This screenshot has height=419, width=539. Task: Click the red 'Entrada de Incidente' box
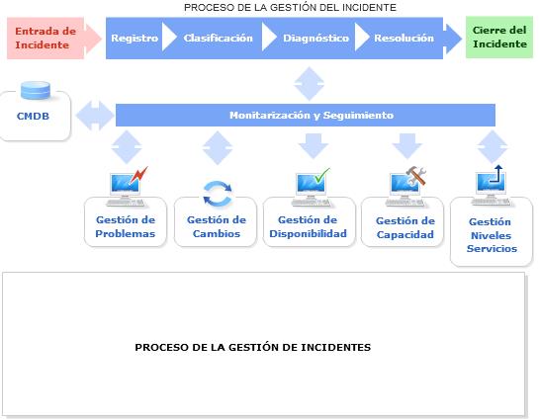pos(45,39)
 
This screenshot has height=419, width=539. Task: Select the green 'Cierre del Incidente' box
pos(499,38)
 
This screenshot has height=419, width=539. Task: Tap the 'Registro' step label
pos(135,39)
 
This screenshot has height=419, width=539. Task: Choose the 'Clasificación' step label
pos(218,38)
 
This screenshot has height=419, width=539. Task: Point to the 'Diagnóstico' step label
pos(315,39)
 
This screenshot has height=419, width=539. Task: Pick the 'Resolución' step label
pos(404,38)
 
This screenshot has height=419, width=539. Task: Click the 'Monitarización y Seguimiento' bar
pos(306,115)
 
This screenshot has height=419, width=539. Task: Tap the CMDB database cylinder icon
pos(36,90)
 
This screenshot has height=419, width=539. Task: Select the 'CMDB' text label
pos(33,116)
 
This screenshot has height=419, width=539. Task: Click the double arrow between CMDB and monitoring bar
pos(95,116)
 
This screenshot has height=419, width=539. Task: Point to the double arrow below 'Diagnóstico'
pos(309,83)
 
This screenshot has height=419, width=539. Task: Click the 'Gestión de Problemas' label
pos(126,226)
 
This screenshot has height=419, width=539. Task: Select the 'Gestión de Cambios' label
pos(217,226)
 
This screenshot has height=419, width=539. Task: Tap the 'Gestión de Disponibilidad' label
pos(308,226)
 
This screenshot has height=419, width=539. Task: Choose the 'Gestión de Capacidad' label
pos(405,227)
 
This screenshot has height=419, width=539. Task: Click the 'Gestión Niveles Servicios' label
pos(492,235)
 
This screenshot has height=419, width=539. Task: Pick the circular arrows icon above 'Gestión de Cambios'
pos(218,194)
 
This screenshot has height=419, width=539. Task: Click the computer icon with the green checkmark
pos(312,187)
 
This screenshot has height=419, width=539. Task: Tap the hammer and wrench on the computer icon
pos(416,175)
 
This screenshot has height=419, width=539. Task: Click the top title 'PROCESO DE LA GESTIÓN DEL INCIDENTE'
pos(290,7)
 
